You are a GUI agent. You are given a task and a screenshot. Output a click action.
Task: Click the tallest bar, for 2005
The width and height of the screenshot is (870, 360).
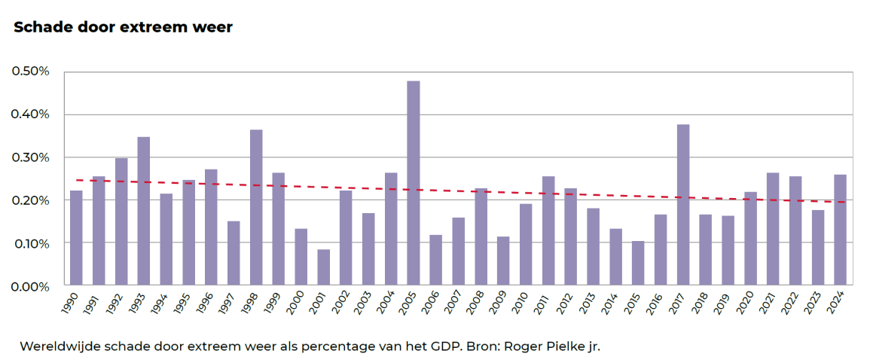tap(413, 184)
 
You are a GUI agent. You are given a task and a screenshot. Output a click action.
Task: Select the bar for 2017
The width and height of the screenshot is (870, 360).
tap(682, 206)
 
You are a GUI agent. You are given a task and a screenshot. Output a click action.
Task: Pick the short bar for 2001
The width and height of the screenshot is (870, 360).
tap(323, 268)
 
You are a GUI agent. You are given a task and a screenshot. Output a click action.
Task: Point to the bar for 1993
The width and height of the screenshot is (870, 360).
tap(143, 212)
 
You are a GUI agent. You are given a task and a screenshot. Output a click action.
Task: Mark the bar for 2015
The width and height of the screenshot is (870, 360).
tap(638, 264)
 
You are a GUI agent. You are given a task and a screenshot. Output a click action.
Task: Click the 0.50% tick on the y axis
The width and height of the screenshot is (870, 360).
tap(30, 72)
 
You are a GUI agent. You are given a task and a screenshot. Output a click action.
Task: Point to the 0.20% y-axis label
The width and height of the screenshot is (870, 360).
tap(30, 201)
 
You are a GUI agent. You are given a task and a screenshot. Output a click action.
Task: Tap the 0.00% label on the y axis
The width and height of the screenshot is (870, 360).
tap(30, 287)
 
